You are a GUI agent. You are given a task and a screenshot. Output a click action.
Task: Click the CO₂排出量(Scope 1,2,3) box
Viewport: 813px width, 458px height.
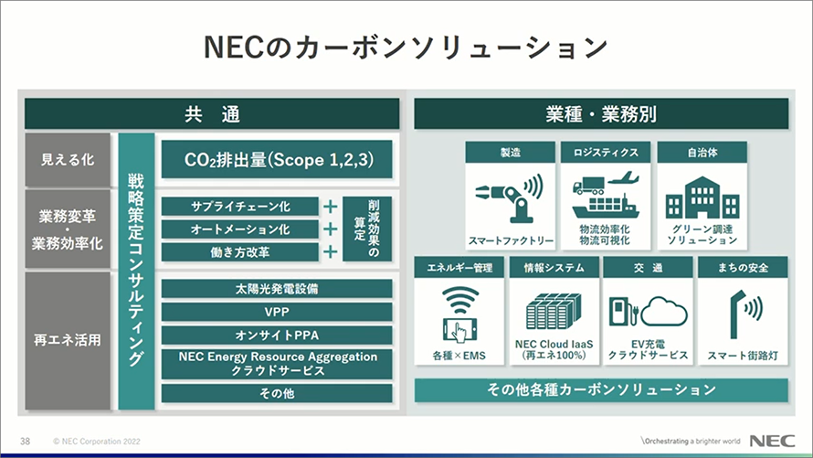pyautogui.click(x=277, y=159)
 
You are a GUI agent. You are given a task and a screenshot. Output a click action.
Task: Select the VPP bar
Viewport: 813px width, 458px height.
pyautogui.click(x=277, y=312)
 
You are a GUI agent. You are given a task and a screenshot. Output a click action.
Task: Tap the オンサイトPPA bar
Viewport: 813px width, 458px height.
pyautogui.click(x=277, y=336)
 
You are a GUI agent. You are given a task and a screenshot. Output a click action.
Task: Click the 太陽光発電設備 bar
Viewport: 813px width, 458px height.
pyautogui.click(x=277, y=288)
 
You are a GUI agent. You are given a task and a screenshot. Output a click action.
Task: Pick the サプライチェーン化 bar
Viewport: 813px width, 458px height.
pyautogui.click(x=240, y=207)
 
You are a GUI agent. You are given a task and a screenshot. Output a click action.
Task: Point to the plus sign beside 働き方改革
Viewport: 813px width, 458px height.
pyautogui.click(x=331, y=252)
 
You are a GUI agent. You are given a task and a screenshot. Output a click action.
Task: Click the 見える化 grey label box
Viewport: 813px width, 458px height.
pyautogui.click(x=68, y=160)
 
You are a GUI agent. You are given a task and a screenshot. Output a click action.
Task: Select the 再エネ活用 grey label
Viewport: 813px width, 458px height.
pyautogui.click(x=68, y=340)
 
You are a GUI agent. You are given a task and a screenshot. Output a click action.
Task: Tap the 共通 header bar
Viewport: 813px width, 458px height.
pyautogui.click(x=212, y=113)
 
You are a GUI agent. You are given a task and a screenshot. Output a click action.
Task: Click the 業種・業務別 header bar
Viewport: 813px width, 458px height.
pyautogui.click(x=601, y=113)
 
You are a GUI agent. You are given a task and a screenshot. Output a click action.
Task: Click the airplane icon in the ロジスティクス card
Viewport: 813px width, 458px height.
pyautogui.click(x=623, y=179)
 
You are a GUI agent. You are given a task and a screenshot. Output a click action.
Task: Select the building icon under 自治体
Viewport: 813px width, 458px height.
pyautogui.click(x=702, y=197)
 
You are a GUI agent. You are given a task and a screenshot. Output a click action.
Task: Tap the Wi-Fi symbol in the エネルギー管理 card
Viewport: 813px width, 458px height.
pyautogui.click(x=459, y=301)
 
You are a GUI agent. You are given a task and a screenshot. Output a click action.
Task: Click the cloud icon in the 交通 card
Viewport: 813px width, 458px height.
pyautogui.click(x=664, y=311)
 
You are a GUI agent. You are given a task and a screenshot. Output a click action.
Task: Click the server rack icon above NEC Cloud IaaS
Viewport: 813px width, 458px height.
pyautogui.click(x=554, y=311)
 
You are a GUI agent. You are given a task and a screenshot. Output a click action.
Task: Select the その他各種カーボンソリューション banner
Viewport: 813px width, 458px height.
pyautogui.click(x=601, y=390)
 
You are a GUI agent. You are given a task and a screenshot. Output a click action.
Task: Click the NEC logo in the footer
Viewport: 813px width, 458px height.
pyautogui.click(x=772, y=441)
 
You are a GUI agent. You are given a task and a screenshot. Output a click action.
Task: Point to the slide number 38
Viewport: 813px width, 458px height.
pyautogui.click(x=25, y=442)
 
